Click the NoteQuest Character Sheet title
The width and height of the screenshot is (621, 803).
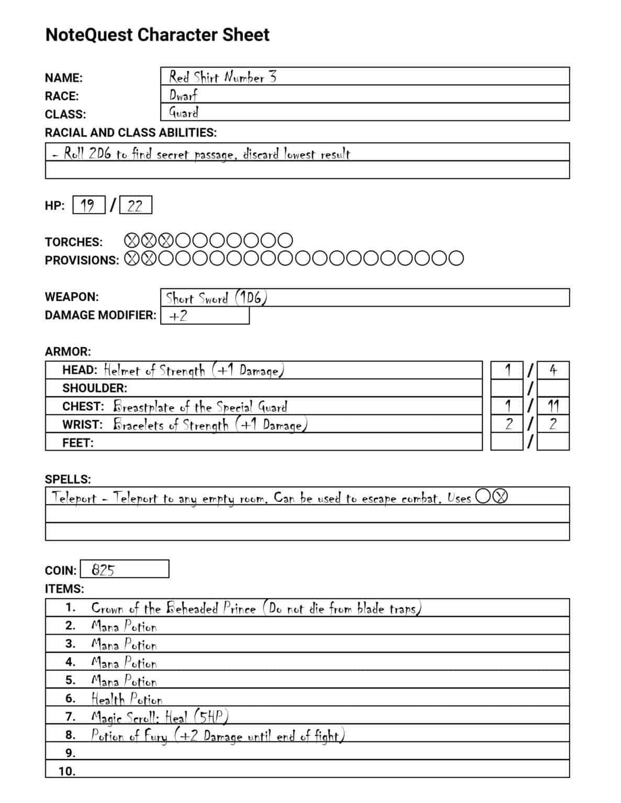point(157,35)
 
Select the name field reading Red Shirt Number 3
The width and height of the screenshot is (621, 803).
point(222,77)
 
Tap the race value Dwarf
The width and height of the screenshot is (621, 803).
point(183,95)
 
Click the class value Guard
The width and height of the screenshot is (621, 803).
point(184,112)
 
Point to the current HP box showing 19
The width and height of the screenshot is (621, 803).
point(88,205)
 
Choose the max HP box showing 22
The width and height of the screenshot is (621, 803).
point(135,205)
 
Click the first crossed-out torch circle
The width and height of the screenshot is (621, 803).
point(133,240)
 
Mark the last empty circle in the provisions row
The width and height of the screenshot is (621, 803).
point(455,258)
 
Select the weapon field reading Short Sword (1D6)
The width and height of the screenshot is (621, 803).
point(217,298)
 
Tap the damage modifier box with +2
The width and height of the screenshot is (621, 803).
point(205,316)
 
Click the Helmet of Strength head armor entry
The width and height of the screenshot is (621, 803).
point(194,370)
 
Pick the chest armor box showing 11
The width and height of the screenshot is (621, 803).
point(553,406)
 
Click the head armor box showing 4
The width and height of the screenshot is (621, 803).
point(553,370)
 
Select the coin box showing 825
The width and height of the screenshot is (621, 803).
point(125,569)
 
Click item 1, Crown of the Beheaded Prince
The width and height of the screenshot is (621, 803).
point(256,608)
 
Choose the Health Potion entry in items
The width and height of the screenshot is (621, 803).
point(127,698)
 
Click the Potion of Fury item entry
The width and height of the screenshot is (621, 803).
point(217,735)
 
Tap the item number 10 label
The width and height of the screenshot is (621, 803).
point(67,771)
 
